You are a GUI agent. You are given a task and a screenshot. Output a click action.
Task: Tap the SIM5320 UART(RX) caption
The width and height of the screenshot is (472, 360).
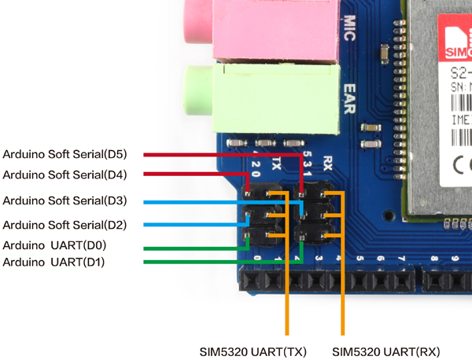click(385, 351)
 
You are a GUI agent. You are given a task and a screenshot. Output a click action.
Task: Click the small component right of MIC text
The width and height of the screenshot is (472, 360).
click(383, 53)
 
